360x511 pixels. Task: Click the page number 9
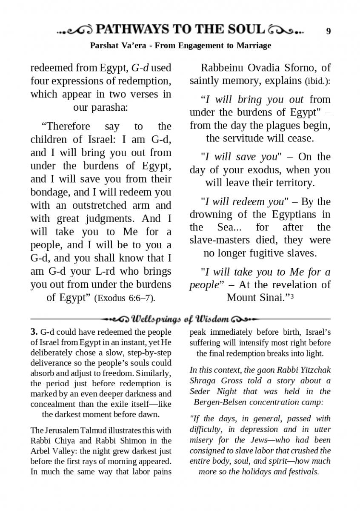click(329, 31)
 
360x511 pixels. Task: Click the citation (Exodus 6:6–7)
click(124, 298)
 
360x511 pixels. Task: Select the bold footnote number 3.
click(34, 332)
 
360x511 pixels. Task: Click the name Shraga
click(202, 381)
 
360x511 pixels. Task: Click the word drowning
click(211, 214)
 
